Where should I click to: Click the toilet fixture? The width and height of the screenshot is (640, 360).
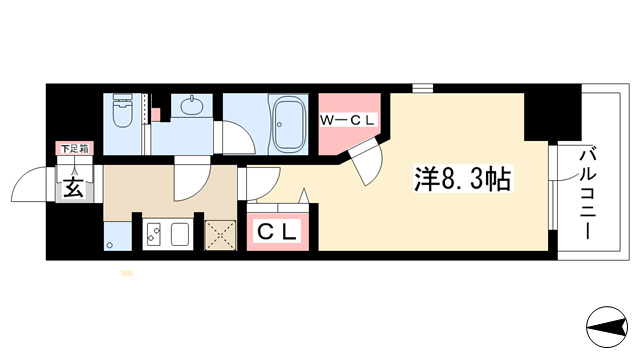click(122, 110)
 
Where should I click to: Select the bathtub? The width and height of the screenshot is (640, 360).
click(288, 124)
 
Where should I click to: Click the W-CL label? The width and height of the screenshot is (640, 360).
click(347, 120)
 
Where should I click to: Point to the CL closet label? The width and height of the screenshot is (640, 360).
click(277, 232)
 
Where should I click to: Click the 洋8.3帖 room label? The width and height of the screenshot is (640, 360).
click(463, 179)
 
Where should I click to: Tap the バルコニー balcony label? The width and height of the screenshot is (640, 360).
click(588, 194)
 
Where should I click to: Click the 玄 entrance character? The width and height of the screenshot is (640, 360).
click(74, 187)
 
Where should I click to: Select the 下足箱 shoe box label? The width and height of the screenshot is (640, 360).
click(75, 149)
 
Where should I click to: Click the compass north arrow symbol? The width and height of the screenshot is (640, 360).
click(607, 327)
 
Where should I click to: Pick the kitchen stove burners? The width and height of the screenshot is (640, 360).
click(153, 234)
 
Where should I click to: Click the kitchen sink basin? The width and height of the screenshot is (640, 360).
click(180, 234)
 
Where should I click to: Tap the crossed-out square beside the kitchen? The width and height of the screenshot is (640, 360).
click(220, 235)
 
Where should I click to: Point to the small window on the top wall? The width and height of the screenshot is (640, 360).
click(422, 88)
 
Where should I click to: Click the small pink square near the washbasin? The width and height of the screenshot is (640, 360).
click(156, 115)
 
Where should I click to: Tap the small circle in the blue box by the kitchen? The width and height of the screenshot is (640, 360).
click(109, 245)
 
